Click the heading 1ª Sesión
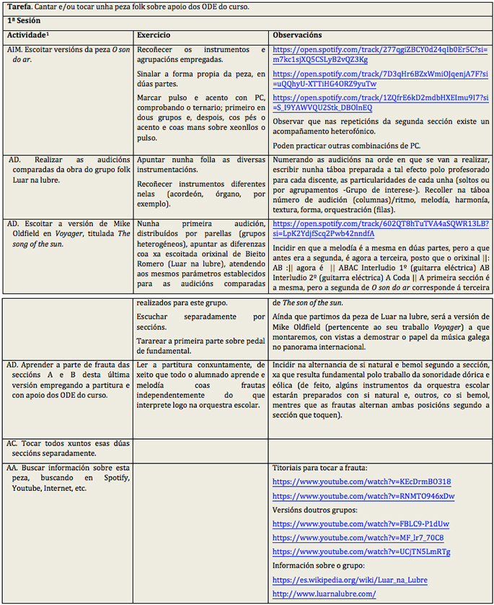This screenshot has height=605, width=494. (x=25, y=21)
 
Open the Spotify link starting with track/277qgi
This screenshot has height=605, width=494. (x=380, y=55)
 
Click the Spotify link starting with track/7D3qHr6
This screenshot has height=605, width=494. (x=380, y=79)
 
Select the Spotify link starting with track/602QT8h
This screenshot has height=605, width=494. (x=380, y=229)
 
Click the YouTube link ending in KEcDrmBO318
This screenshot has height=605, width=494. (x=362, y=482)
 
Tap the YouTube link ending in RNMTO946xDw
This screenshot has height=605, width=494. (x=363, y=496)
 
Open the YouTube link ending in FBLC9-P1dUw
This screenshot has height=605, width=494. (x=361, y=523)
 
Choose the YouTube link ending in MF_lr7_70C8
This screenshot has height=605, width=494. (x=358, y=538)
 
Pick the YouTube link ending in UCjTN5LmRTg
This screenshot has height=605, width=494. (x=361, y=552)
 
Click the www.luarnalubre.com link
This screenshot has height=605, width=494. (x=324, y=593)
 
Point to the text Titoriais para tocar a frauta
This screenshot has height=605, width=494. (x=320, y=468)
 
